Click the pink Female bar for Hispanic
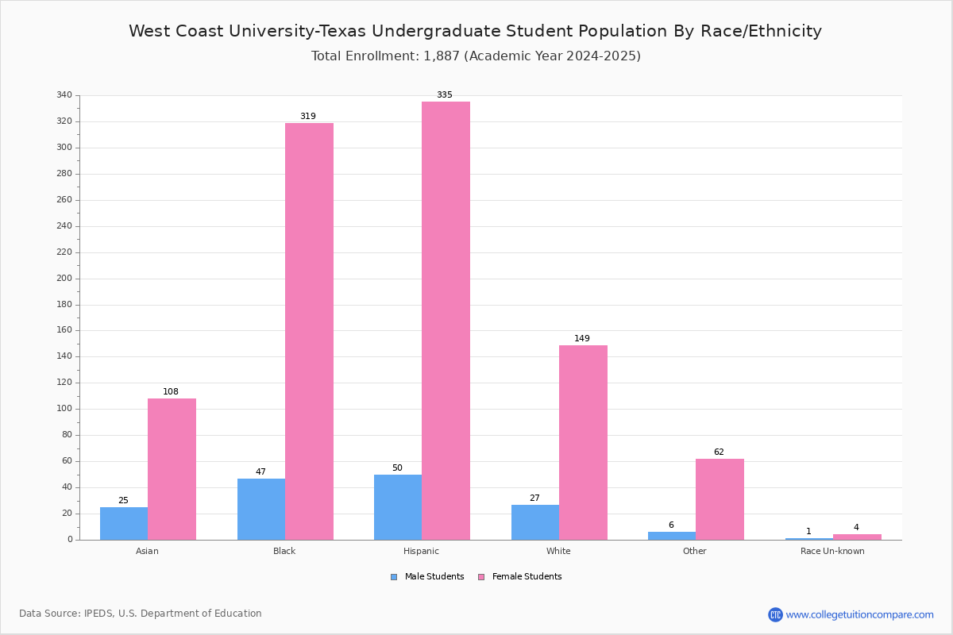446,321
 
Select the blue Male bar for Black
261,510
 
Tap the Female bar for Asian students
172,469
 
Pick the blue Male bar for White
535,522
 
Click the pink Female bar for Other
720,499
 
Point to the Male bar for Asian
124,524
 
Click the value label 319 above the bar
308,116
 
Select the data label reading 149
582,339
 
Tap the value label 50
397,468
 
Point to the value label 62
719,452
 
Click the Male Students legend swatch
394,577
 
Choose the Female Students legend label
527,577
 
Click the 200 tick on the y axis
64,279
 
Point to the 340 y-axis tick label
64,94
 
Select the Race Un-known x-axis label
832,551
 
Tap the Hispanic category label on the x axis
421,551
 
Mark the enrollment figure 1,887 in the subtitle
442,56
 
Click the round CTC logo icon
776,614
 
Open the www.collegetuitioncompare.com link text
860,615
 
